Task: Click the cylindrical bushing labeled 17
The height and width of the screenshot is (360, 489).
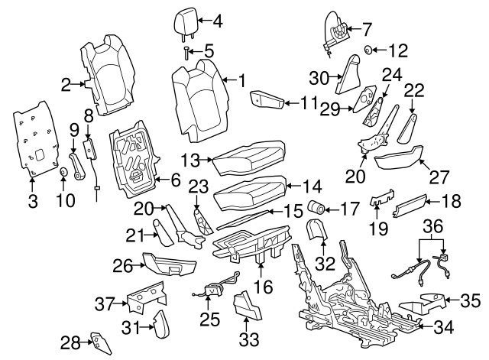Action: pyautogui.click(x=315, y=206)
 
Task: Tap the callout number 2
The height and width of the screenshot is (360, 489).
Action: pyautogui.click(x=66, y=84)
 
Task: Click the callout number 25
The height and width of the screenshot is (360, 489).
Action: pyautogui.click(x=209, y=315)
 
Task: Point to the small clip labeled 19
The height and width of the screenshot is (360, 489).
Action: pyautogui.click(x=379, y=201)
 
